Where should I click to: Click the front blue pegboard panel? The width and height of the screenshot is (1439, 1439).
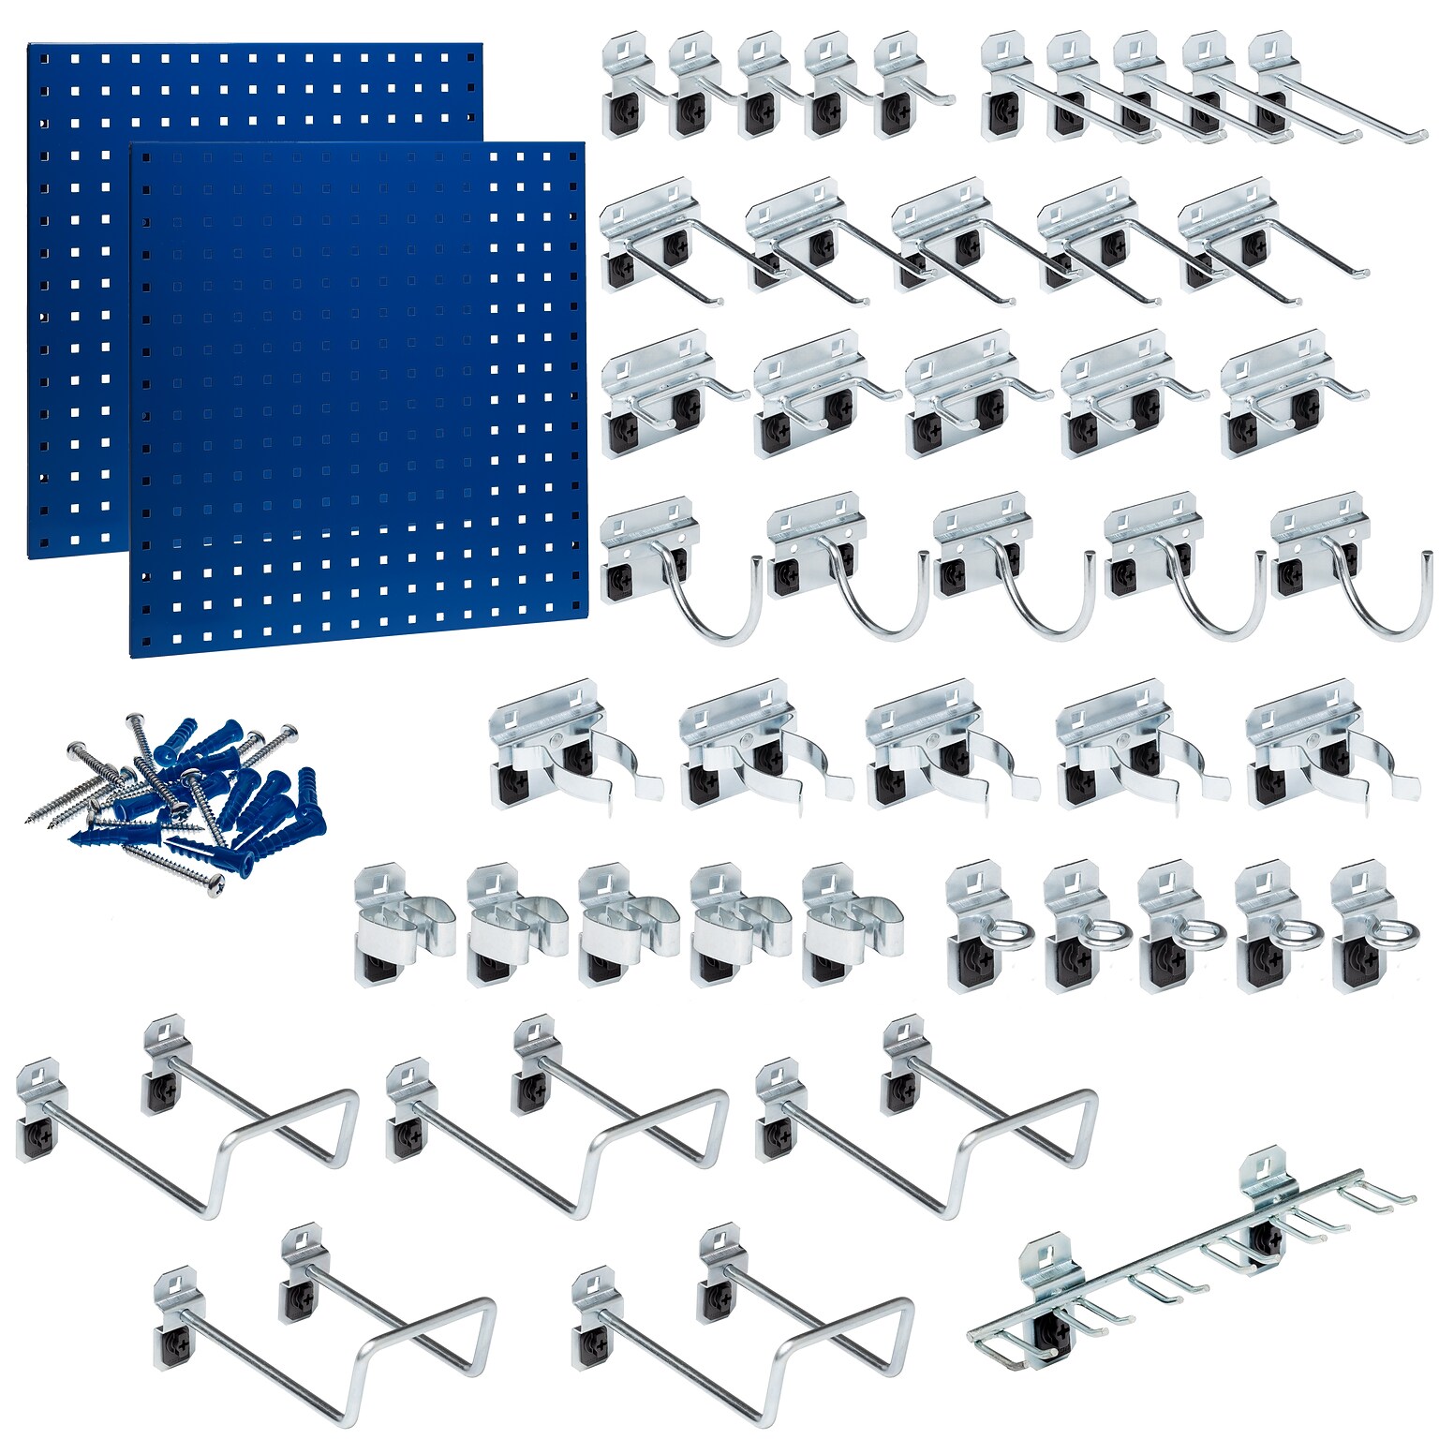point(356,398)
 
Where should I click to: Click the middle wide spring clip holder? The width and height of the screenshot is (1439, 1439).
point(946,749)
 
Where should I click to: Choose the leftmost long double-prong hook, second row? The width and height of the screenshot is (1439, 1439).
point(665,244)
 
